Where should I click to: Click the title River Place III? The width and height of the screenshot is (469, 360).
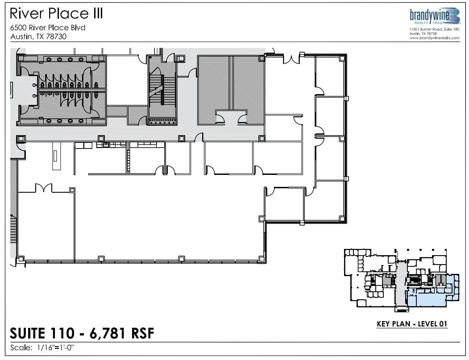pyautogui.click(x=56, y=13)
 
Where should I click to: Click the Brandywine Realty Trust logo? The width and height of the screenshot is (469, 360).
pyautogui.click(x=434, y=17)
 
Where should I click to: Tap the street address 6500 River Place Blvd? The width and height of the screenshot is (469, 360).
pyautogui.click(x=47, y=28)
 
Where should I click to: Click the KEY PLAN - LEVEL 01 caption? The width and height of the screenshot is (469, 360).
pyautogui.click(x=412, y=324)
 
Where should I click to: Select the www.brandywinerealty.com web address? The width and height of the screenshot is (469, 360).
pyautogui.click(x=434, y=38)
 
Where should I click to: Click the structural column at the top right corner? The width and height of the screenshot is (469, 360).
pyautogui.click(x=342, y=58)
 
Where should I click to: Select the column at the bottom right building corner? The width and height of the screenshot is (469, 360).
pyautogui.click(x=342, y=219)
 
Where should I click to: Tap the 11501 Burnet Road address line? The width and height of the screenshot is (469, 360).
pyautogui.click(x=434, y=29)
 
